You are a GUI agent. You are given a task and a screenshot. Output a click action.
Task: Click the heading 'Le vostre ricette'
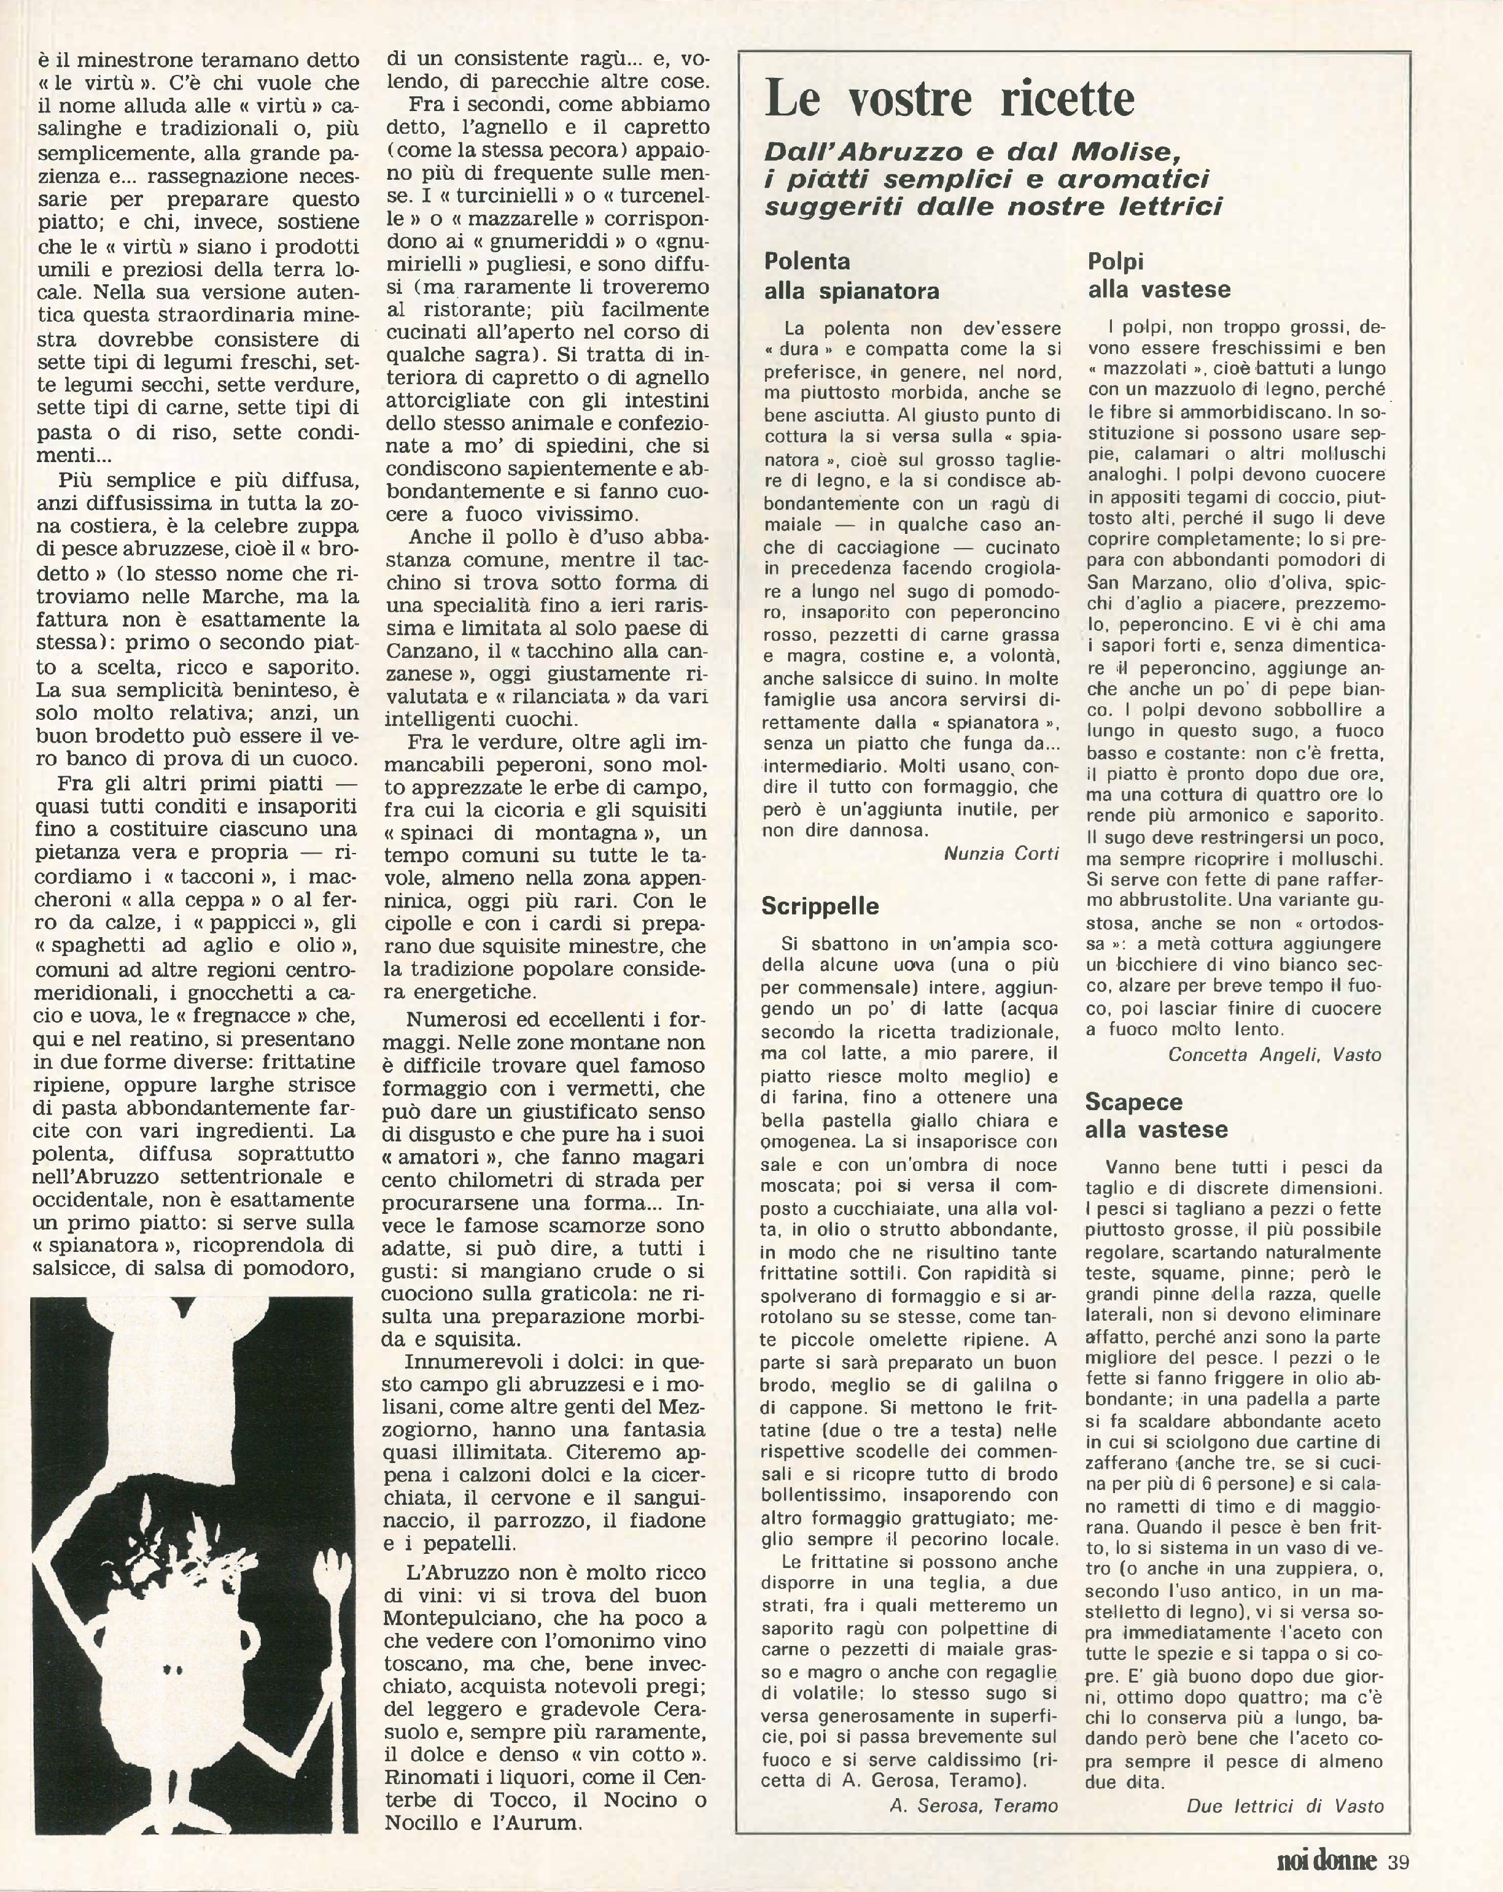click(950, 98)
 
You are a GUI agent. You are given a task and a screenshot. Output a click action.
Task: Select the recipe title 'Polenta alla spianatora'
click(851, 276)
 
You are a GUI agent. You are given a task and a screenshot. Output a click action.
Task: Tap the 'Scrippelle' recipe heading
click(820, 906)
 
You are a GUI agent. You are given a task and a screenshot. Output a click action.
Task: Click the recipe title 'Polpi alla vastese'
click(1159, 275)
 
